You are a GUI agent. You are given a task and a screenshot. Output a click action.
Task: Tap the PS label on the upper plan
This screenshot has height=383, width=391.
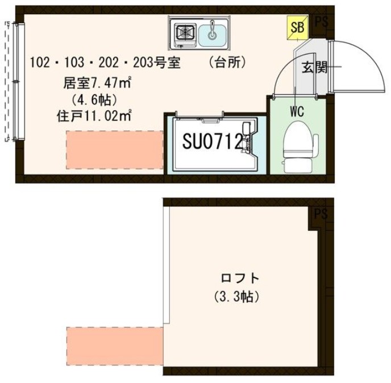click(x=322, y=22)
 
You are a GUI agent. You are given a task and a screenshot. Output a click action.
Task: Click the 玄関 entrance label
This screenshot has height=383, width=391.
click(x=313, y=68)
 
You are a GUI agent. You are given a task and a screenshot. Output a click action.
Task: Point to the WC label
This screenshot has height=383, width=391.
click(x=296, y=110)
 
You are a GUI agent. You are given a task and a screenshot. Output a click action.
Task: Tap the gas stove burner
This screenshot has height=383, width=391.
click(x=185, y=33)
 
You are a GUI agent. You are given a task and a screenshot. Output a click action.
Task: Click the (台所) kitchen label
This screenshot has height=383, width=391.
click(x=227, y=62)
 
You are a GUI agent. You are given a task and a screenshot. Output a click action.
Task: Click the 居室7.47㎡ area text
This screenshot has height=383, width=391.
click(x=98, y=84)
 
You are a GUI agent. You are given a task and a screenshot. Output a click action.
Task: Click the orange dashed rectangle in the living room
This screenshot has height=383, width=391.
click(x=114, y=149)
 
